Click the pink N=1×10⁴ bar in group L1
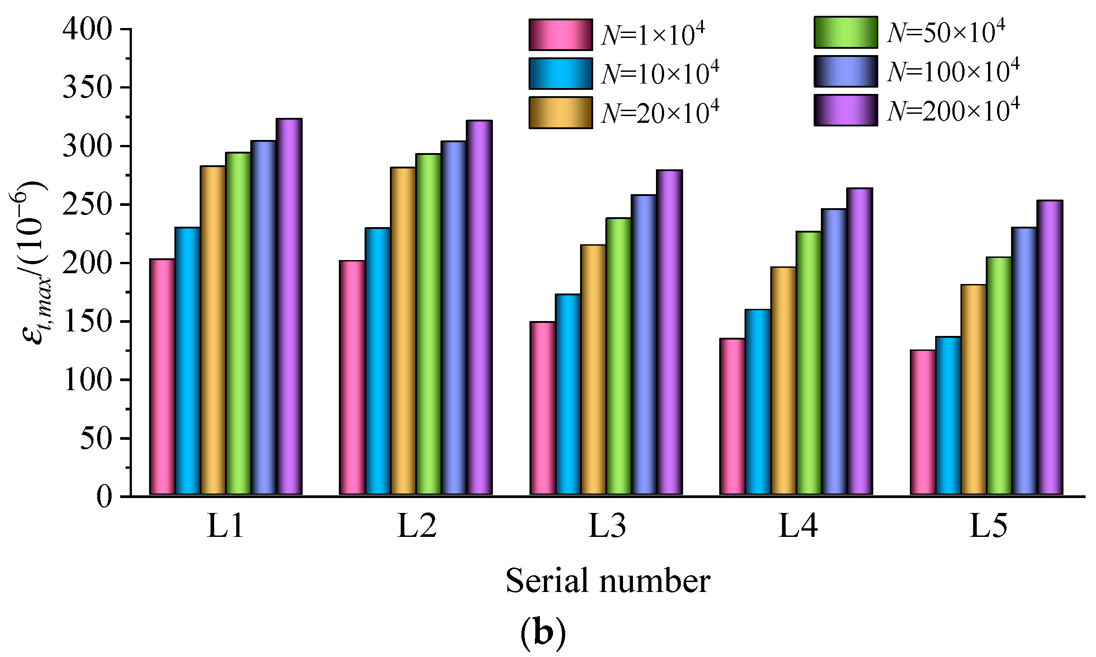162,377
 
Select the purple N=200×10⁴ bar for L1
289,307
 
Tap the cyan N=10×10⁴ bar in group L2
378,361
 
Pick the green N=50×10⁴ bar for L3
618,357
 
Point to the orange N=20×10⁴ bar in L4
783,382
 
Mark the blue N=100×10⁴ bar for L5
1024,361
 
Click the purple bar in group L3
669,333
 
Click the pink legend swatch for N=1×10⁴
560,35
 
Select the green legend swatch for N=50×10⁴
845,32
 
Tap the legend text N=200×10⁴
953,111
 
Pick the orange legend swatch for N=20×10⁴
560,113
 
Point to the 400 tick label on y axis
87,29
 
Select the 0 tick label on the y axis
104,497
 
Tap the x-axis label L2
416,527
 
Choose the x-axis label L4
797,527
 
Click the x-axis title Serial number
608,581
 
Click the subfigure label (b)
543,633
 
